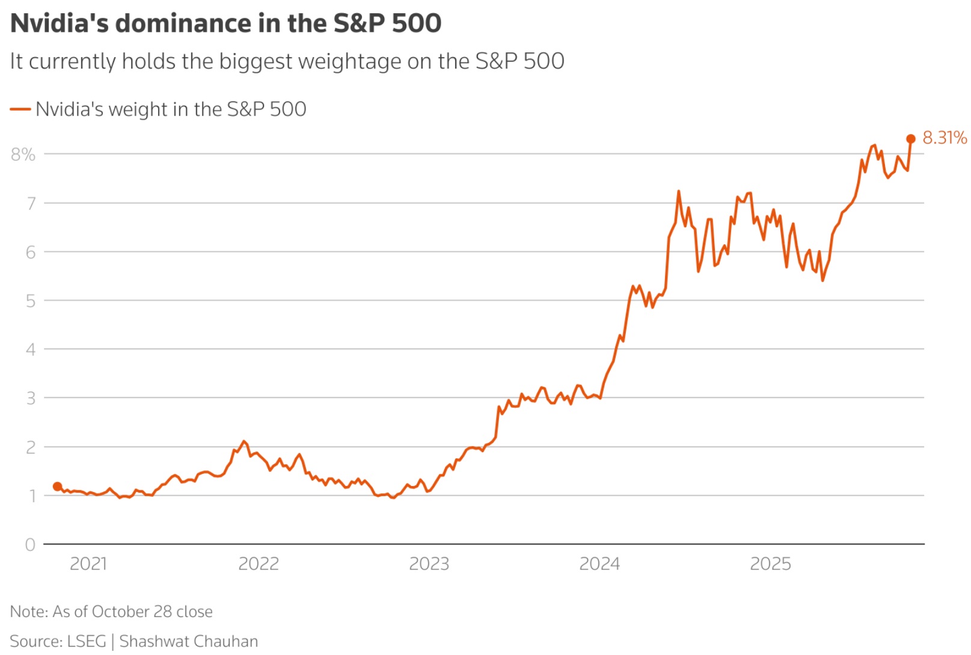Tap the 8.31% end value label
click(945, 138)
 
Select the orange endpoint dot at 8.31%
click(911, 139)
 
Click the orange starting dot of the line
click(57, 487)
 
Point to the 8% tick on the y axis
click(23, 155)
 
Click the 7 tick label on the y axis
click(31, 203)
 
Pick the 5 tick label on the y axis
click(31, 301)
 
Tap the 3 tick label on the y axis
click(31, 398)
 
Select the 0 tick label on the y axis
click(30, 545)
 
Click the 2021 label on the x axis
click(88, 564)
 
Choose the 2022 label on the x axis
click(259, 564)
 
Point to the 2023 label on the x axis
click(429, 564)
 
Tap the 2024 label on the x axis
click(599, 564)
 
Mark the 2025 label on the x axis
click(770, 564)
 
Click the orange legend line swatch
click(20, 109)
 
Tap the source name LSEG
click(87, 641)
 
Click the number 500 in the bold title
click(417, 23)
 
